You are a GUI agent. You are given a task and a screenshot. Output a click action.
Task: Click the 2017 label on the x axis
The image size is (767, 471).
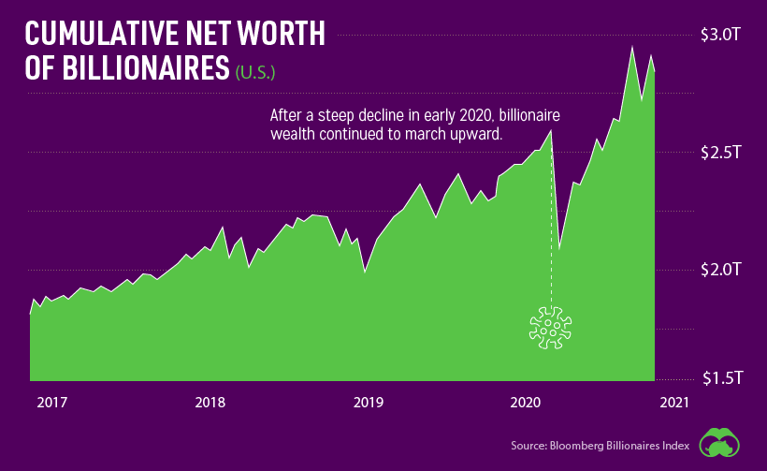pos(52,403)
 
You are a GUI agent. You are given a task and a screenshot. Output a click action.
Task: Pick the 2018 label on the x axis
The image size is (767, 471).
pos(210,403)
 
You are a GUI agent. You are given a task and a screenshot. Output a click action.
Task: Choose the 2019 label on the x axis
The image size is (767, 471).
pos(368,403)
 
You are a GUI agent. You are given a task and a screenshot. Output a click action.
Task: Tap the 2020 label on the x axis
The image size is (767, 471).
pos(525,403)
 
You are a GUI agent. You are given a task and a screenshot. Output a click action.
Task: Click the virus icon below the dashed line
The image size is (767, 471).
pos(550,328)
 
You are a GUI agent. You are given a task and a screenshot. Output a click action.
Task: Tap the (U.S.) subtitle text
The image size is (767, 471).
pos(255,72)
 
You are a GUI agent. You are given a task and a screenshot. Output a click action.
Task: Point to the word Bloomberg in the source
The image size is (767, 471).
pos(586,445)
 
